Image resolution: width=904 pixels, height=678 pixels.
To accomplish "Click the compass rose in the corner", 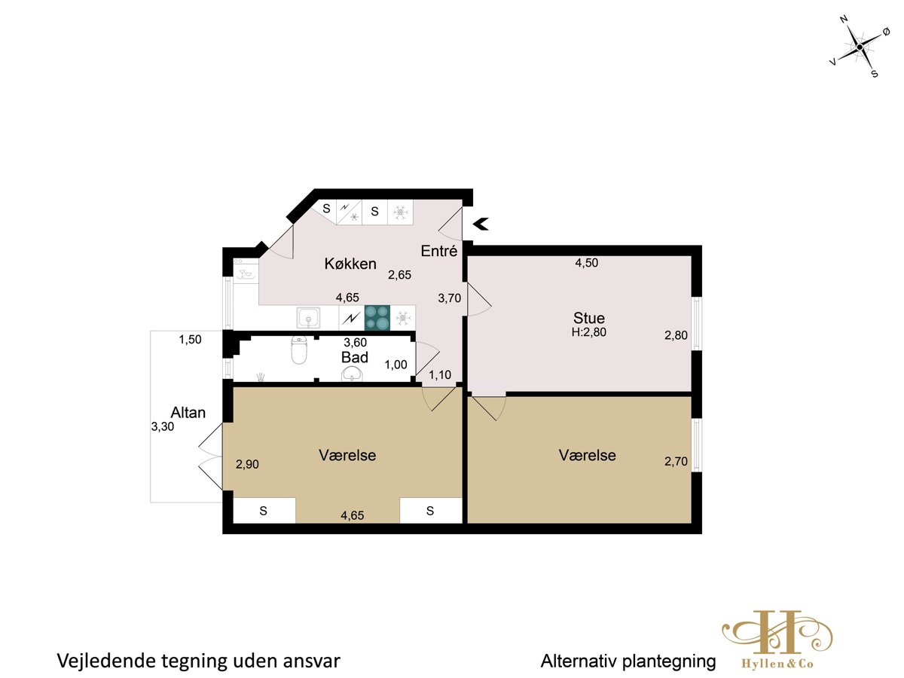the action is click(860, 47).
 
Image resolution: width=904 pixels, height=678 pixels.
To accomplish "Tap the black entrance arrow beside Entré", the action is click(480, 224).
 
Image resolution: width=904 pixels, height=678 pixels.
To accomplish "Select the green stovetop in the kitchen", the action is click(377, 317).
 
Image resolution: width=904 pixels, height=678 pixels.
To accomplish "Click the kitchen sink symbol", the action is click(308, 318).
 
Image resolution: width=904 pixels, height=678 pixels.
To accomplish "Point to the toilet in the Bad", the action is click(299, 350).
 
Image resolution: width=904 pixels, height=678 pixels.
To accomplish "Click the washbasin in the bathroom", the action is click(352, 374).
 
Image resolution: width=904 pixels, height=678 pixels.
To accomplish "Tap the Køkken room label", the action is click(350, 264).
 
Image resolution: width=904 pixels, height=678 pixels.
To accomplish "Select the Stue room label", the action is click(589, 318).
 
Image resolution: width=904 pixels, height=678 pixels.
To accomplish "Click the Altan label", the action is click(188, 413).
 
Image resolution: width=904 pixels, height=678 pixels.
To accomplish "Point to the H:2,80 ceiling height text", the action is click(589, 332).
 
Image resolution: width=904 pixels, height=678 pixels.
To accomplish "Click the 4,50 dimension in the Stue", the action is click(586, 263).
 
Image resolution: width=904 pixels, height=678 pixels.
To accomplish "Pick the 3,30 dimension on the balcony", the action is click(162, 427).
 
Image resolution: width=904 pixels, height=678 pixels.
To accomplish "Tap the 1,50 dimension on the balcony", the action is click(190, 340).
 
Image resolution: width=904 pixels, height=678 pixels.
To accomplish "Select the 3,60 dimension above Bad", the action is click(355, 343).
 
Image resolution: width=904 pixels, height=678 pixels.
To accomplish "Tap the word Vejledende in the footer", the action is click(106, 661).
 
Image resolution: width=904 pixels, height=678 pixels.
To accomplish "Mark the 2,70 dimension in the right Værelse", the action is click(676, 462).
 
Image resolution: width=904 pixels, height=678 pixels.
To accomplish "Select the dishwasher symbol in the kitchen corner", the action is click(246, 270).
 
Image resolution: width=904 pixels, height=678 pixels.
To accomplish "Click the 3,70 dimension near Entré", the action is click(449, 298).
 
